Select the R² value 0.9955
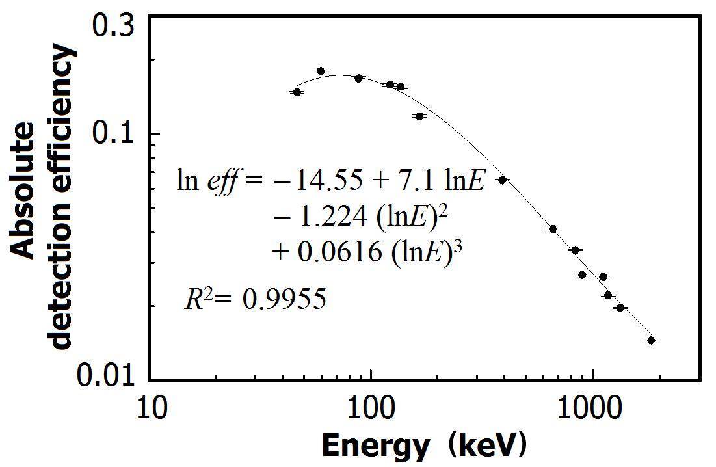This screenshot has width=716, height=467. (284, 300)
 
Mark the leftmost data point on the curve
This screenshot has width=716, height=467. (297, 92)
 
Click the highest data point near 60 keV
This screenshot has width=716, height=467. (321, 71)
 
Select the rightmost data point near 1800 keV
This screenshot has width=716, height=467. (650, 340)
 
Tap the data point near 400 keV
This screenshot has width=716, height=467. (501, 180)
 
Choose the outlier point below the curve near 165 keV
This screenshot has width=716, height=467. (419, 116)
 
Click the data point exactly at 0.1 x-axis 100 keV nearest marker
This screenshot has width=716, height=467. (358, 78)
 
